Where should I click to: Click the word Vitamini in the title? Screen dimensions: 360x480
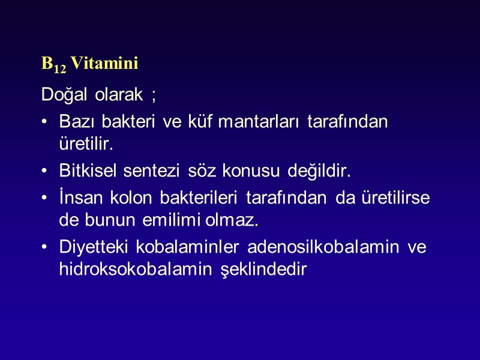pos(105,63)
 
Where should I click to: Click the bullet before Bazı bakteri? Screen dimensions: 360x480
pos(45,122)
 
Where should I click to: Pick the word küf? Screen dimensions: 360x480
pos(196,121)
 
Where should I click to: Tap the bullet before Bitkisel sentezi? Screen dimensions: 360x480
pos(45,173)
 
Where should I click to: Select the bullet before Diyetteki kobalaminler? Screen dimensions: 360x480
pos(45,247)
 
